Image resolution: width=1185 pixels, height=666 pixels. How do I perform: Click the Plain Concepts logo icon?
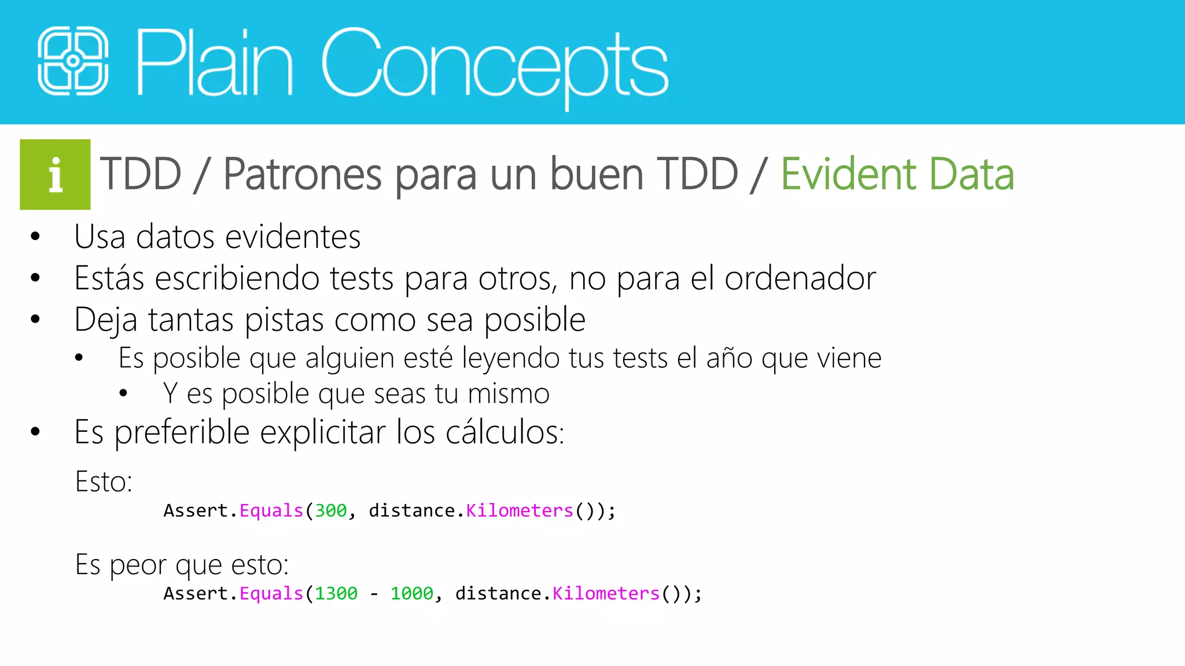pos(73,61)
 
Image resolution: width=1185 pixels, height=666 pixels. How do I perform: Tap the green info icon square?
pos(55,175)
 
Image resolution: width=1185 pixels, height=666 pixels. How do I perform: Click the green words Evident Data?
pos(897,174)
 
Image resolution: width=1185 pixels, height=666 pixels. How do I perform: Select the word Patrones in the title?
pos(302,174)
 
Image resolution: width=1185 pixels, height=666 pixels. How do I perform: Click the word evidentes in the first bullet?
pos(293,237)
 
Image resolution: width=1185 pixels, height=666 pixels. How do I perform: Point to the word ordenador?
pos(800,279)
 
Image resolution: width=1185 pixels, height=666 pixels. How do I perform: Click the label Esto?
pos(104,482)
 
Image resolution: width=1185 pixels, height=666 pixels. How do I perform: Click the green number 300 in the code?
pos(330,510)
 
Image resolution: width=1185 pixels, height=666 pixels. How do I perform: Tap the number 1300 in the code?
pos(336,594)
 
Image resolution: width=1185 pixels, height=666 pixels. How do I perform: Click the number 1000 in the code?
pos(411,594)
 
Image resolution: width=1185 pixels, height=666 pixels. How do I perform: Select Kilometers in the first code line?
pos(519,510)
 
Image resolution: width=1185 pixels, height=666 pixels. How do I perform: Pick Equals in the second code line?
pos(271,594)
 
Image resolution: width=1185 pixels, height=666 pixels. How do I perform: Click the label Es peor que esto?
pos(182,565)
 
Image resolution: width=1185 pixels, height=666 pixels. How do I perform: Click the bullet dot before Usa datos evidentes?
pos(35,236)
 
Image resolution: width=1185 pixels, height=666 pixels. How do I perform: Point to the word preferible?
pos(182,432)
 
